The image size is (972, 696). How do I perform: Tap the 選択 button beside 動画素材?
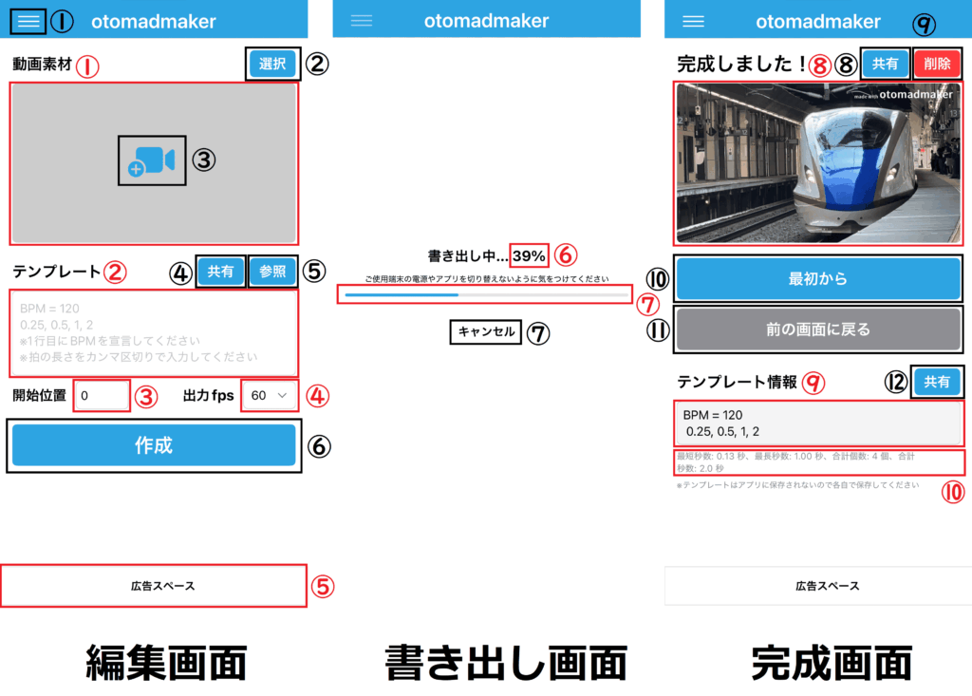(272, 64)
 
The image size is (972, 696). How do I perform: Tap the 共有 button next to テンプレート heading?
(221, 271)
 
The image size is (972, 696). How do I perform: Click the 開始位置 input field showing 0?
(102, 395)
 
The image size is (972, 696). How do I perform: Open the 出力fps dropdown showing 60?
(270, 395)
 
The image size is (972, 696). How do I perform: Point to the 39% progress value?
(529, 255)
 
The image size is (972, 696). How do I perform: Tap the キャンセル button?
(486, 331)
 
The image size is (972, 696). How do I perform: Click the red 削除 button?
(937, 64)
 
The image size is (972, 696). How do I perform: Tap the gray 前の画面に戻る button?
(817, 329)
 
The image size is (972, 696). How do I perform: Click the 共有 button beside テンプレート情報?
(937, 382)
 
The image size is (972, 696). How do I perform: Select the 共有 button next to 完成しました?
(886, 64)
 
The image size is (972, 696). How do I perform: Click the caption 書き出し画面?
(505, 663)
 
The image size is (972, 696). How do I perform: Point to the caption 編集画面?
(166, 663)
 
